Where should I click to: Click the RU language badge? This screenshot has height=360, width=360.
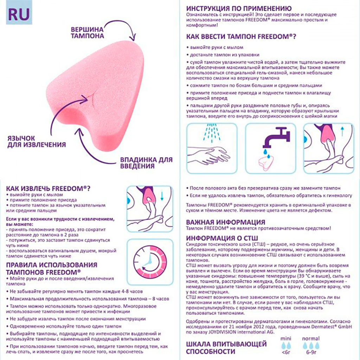tap(19, 14)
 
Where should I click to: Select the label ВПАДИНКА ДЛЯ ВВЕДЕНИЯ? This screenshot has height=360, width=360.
tap(146, 163)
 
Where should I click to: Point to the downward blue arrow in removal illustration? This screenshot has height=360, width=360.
tap(162, 196)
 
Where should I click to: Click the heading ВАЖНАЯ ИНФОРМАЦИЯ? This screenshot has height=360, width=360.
tap(225, 222)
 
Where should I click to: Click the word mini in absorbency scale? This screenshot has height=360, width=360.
tap(285, 339)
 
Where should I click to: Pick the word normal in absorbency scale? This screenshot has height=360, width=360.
tap(311, 339)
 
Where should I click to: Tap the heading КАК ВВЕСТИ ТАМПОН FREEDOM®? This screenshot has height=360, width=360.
tap(240, 36)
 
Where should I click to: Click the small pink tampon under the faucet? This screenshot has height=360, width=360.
tap(266, 163)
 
